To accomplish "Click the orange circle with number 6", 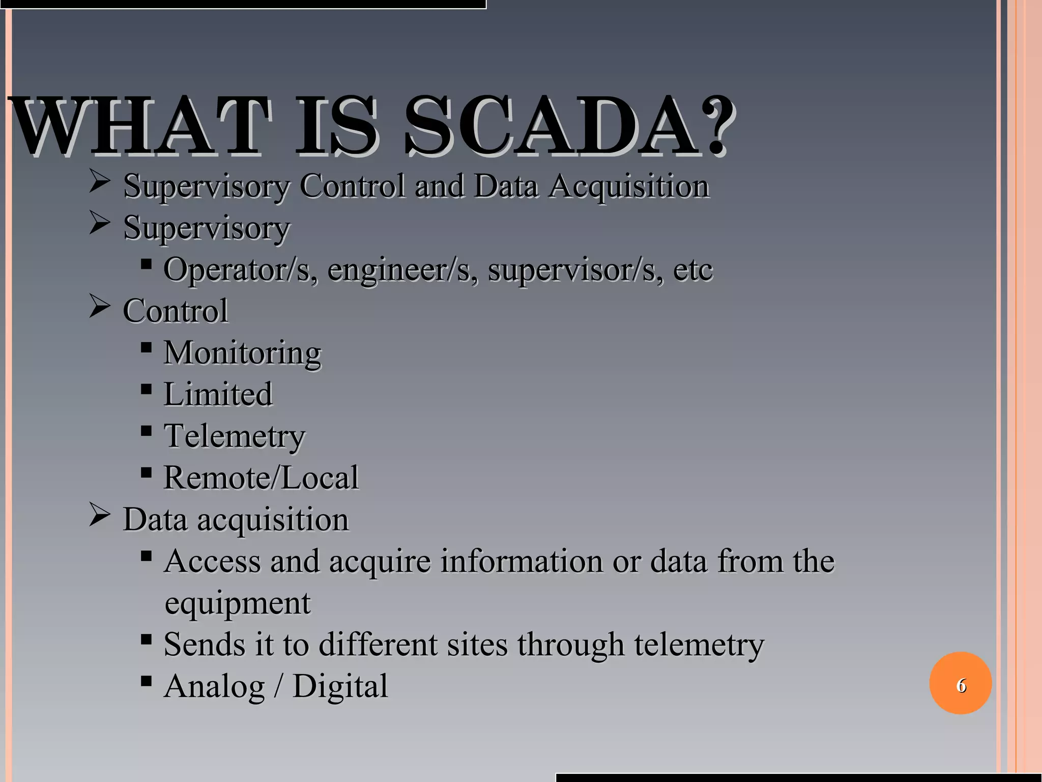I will tap(960, 683).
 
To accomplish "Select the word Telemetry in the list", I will tap(234, 436).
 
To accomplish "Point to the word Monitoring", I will tap(242, 353).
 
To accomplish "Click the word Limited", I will tap(218, 395).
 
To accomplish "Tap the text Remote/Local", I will tap(261, 478).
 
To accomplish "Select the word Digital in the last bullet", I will tap(340, 686).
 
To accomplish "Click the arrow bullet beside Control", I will tap(99, 306).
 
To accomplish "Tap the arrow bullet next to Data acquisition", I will tap(99, 515).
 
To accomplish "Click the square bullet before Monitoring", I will tap(146, 348).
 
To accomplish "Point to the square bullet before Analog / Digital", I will tap(146, 681).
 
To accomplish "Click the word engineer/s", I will tap(402, 270).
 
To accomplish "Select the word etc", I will tap(692, 269).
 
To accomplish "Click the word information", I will tap(521, 562).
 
